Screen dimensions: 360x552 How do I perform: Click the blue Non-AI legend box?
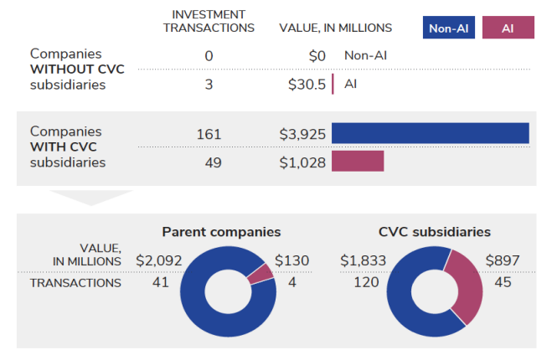click(x=448, y=28)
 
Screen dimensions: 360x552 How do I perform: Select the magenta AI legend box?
click(x=507, y=28)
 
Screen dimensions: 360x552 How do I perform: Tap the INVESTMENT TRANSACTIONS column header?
click(x=209, y=22)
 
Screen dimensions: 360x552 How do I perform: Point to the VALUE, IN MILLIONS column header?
click(x=335, y=28)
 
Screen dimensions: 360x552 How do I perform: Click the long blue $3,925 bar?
click(x=430, y=134)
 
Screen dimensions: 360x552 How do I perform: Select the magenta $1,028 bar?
click(x=358, y=162)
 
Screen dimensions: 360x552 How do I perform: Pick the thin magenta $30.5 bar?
click(x=333, y=84)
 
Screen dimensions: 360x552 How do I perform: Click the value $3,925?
click(x=302, y=134)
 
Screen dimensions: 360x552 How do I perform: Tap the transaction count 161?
click(x=209, y=134)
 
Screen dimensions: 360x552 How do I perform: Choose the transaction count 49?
click(x=213, y=162)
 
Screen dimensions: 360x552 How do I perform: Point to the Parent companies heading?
click(x=221, y=232)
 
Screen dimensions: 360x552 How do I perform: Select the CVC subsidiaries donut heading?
click(x=435, y=232)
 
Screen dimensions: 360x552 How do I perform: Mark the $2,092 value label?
click(x=158, y=261)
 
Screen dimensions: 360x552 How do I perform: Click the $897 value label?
click(x=503, y=261)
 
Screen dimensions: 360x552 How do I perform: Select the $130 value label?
click(x=291, y=261)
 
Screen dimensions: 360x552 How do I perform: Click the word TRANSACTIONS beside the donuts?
click(x=75, y=283)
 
